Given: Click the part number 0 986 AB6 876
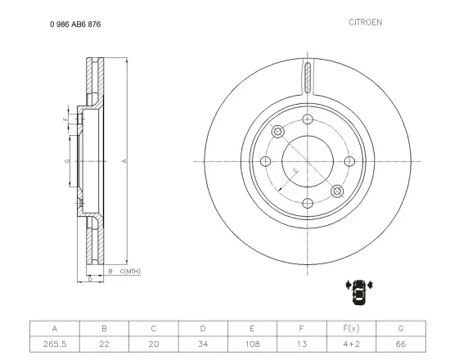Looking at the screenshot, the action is (x=75, y=25).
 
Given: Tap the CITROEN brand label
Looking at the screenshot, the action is (x=365, y=22).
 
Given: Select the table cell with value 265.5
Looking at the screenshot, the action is (x=55, y=344).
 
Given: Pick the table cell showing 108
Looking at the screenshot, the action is (x=252, y=344).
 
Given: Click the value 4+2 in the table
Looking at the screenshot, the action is (x=351, y=344).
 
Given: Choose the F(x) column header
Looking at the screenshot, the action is (x=351, y=328).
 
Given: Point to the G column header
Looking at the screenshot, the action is (x=401, y=328).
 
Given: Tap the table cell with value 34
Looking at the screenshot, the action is (x=203, y=344).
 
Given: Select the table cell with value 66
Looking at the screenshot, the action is (x=401, y=344).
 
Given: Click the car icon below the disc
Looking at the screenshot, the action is (x=359, y=291).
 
